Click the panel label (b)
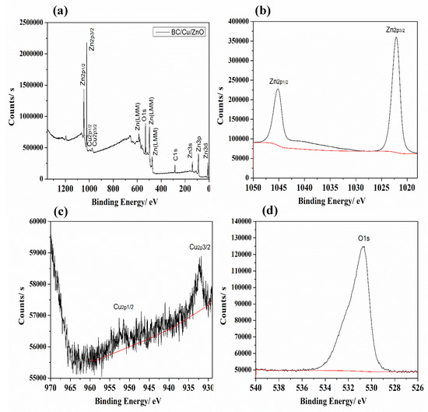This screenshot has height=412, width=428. click(x=277, y=10)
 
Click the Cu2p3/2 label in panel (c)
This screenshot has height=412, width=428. click(x=197, y=247)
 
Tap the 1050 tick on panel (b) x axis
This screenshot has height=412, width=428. click(x=253, y=188)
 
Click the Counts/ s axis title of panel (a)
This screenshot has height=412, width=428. click(x=8, y=101)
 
